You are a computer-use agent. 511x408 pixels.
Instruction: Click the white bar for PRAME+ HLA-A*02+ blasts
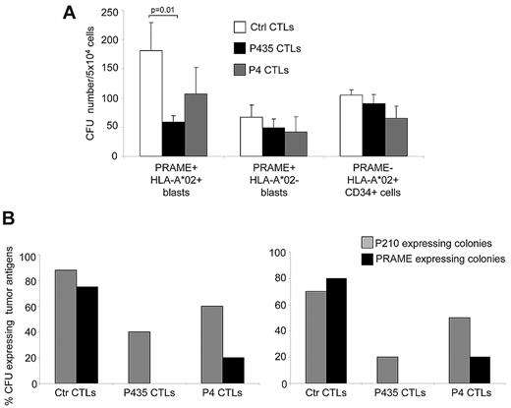point(150,103)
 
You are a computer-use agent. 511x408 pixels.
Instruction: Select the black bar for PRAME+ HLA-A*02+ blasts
point(174,139)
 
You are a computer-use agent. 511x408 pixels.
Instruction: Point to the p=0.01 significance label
point(162,18)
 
